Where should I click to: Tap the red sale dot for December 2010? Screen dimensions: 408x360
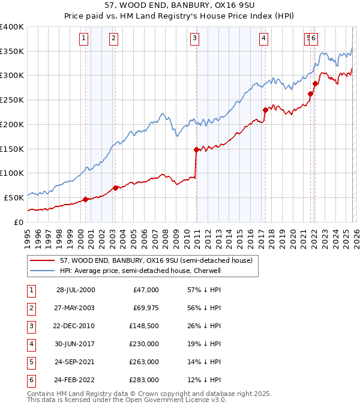coord(196,149)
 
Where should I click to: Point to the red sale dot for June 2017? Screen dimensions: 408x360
coord(265,110)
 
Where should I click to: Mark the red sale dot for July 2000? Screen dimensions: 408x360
coord(85,199)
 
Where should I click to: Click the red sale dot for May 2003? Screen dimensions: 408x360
coord(115,188)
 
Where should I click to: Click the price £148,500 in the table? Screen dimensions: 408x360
coord(144,326)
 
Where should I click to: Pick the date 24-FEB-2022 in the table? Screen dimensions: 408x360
coord(76,380)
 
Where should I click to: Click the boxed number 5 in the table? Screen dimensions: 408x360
coord(30,362)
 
